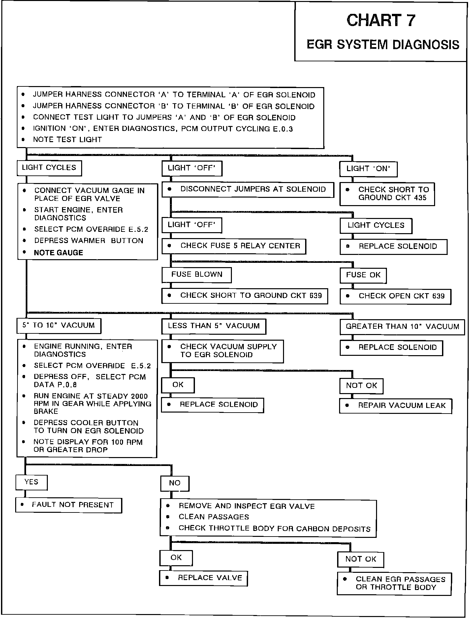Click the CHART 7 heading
click(381, 20)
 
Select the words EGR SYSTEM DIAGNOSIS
click(383, 45)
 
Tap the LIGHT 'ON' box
click(368, 169)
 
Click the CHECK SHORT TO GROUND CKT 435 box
click(387, 194)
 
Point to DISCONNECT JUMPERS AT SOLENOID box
click(248, 190)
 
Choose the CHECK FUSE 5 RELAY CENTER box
click(234, 246)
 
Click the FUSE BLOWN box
click(197, 275)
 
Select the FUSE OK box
click(363, 275)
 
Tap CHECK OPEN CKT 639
click(396, 296)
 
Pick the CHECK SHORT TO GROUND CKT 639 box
click(244, 296)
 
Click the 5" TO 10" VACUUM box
click(59, 326)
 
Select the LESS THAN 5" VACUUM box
click(214, 326)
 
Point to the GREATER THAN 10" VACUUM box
click(402, 327)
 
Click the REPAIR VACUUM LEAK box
click(396, 406)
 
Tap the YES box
click(31, 482)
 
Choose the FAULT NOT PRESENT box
click(69, 505)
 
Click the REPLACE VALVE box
click(204, 578)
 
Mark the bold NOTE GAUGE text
click(58, 253)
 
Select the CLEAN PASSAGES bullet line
click(214, 517)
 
